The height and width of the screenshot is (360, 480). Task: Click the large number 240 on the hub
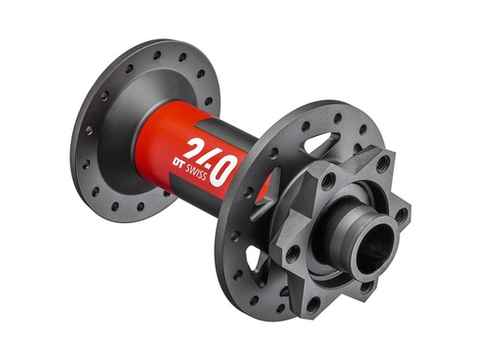tap(207, 158)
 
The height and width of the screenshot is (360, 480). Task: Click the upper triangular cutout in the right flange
tap(319, 146)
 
